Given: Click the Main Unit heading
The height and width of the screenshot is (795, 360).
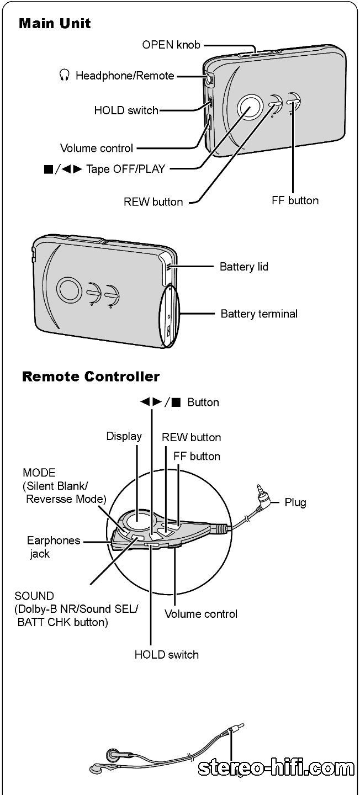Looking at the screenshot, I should pyautogui.click(x=55, y=24).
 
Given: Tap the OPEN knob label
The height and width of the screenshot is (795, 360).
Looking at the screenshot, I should pyautogui.click(x=171, y=45).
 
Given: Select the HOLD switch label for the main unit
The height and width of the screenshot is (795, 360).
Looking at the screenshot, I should pyautogui.click(x=126, y=110).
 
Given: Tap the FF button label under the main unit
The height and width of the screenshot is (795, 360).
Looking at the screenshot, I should pyautogui.click(x=295, y=200).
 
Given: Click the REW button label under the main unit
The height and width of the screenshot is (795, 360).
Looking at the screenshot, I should pyautogui.click(x=153, y=202).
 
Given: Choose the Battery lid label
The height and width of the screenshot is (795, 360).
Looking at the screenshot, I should pyautogui.click(x=244, y=267).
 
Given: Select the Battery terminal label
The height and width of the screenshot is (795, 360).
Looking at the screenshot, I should pyautogui.click(x=259, y=314).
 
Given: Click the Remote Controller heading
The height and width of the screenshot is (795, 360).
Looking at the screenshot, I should pyautogui.click(x=91, y=377).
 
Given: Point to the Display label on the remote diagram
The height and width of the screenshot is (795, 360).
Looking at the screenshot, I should pyautogui.click(x=124, y=436).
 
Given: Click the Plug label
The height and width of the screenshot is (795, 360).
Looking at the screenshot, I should pyautogui.click(x=295, y=502).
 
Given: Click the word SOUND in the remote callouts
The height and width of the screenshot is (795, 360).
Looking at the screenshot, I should pyautogui.click(x=34, y=596).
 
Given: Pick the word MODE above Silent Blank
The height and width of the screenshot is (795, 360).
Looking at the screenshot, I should pyautogui.click(x=39, y=473).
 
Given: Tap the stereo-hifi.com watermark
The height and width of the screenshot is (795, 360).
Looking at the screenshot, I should pyautogui.click(x=276, y=768).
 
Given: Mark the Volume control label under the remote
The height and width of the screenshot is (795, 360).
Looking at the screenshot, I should pyautogui.click(x=201, y=614).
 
